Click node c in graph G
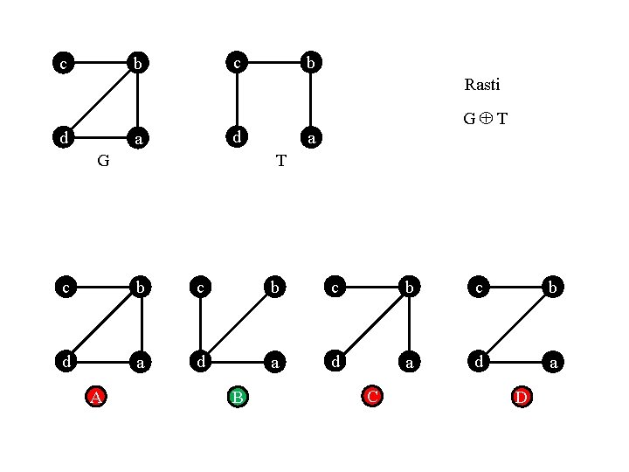62,63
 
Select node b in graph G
138,63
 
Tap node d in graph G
62,138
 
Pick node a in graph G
138,138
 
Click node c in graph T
236,63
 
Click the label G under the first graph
103,161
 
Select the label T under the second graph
280,161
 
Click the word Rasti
482,86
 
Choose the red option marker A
97,398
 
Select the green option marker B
237,398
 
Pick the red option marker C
373,398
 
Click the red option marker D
522,398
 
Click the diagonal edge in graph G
100,101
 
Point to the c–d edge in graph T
236,101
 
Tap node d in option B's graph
201,360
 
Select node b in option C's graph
409,286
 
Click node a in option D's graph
552,360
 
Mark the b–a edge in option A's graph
141,323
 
